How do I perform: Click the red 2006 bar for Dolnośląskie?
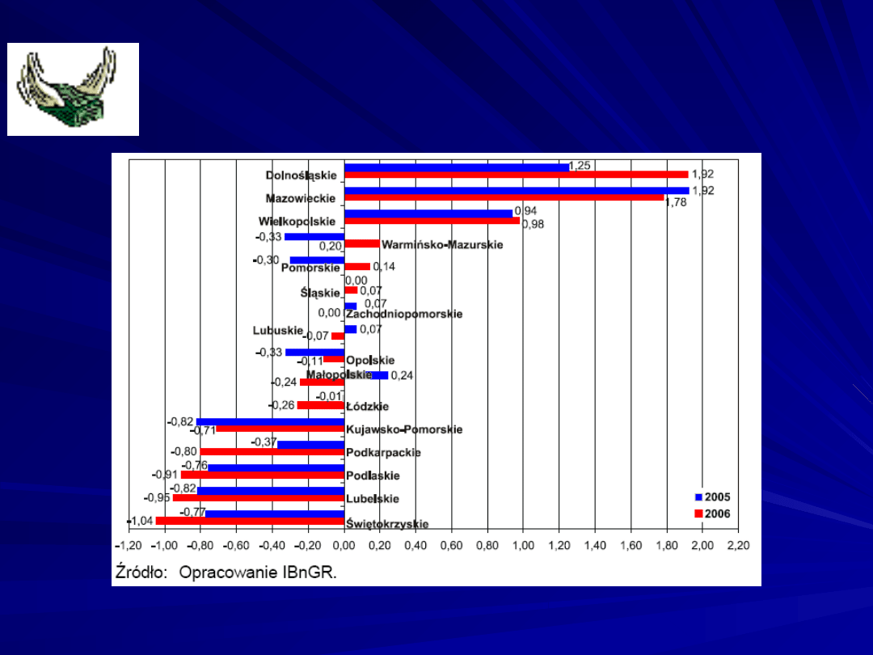click(516, 174)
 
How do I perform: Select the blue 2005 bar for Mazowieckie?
click(517, 191)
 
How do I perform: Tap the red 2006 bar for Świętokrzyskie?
click(251, 521)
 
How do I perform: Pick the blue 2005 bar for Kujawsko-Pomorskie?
click(270, 422)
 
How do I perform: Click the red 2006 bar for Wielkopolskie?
click(432, 221)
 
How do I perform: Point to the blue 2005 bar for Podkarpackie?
click(310, 444)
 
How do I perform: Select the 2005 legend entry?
click(712, 497)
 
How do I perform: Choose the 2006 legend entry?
click(712, 513)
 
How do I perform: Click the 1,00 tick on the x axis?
click(523, 546)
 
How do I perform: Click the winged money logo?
click(73, 89)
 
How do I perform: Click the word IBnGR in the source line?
click(310, 573)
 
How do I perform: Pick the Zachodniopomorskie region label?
click(404, 314)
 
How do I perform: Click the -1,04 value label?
click(140, 521)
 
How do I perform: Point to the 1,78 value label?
click(676, 202)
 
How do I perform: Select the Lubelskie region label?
click(372, 499)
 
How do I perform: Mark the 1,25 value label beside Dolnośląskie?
click(580, 165)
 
